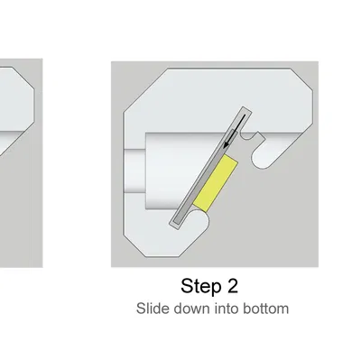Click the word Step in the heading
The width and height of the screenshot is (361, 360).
[199, 286]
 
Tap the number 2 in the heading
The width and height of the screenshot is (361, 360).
[231, 286]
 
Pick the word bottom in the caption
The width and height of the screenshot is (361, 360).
[266, 309]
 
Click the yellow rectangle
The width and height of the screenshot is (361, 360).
[216, 183]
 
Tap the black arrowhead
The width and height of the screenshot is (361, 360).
[227, 144]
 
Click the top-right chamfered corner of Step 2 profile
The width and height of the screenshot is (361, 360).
[301, 79]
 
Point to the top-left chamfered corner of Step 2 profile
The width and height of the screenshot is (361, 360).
[145, 90]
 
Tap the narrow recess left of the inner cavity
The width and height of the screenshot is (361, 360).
[134, 171]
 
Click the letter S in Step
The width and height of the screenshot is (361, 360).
[187, 286]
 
